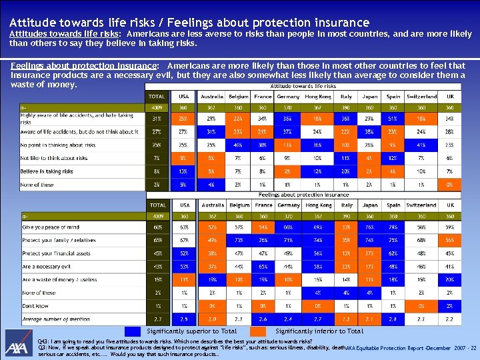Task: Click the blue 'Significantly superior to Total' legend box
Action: pyautogui.click(x=133, y=331)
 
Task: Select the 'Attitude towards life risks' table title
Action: pyautogui.click(x=303, y=86)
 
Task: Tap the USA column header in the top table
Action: pyautogui.click(x=183, y=97)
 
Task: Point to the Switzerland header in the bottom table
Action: pyautogui.click(x=421, y=205)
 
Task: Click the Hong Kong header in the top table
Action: pyautogui.click(x=317, y=97)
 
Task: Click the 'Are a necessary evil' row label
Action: pyautogui.click(x=47, y=266)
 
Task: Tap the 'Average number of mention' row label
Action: pyautogui.click(x=56, y=319)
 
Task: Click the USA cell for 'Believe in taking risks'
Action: pyautogui.click(x=183, y=171)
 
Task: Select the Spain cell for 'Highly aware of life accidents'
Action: pyautogui.click(x=393, y=118)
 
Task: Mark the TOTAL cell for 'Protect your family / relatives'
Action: pyautogui.click(x=157, y=240)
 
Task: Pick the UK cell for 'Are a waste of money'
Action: pyautogui.click(x=450, y=279)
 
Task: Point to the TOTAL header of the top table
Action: pyautogui.click(x=157, y=97)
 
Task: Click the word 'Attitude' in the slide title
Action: pyautogui.click(x=33, y=23)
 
